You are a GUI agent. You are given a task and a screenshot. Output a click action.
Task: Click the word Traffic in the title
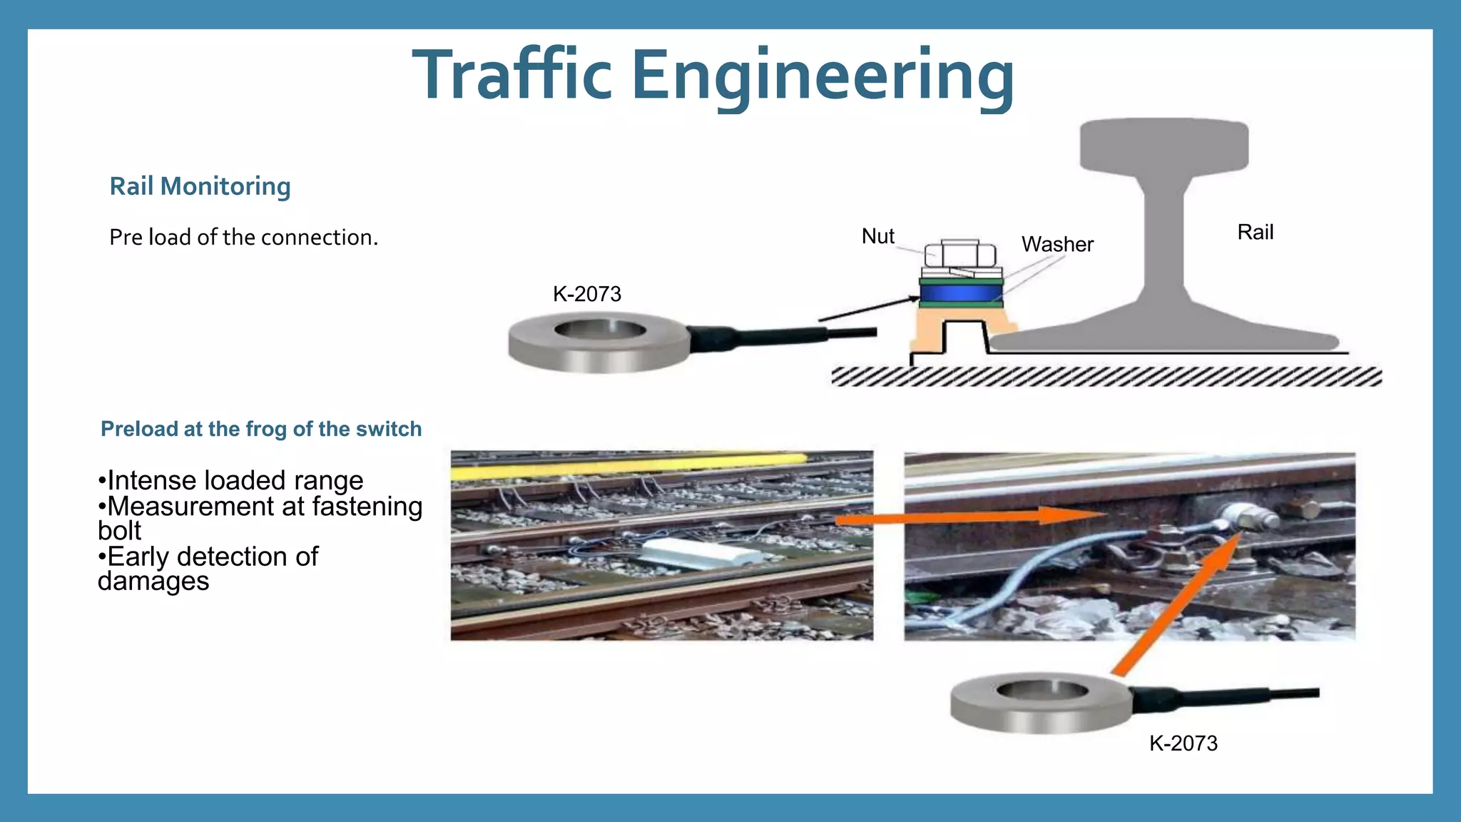pos(512,75)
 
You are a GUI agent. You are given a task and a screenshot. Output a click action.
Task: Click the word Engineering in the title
pos(822,75)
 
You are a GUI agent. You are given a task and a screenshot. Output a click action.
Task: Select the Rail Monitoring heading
pos(200,186)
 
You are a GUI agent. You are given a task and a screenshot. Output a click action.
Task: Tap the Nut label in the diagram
pos(877,236)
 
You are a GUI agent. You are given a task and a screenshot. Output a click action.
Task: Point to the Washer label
pos(1057,244)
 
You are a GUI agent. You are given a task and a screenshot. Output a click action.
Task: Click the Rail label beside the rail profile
pos(1255,232)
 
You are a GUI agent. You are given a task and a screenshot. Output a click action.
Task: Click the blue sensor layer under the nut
pos(960,293)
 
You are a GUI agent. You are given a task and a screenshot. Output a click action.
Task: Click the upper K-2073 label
pos(587,293)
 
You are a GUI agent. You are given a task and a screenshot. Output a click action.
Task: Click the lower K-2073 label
pos(1183,743)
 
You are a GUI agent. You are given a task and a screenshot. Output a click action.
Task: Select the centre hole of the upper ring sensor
pos(600,330)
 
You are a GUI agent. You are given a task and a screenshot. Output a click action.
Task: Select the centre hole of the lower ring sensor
pos(1042,690)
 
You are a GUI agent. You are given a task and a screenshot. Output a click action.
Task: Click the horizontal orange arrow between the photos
pos(970,517)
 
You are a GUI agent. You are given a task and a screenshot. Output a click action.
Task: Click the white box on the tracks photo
pos(692,553)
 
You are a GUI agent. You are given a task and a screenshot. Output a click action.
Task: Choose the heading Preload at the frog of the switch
pos(261,429)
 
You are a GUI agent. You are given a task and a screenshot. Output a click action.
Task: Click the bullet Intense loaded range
pos(231,480)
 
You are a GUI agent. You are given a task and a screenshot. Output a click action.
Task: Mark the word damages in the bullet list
pos(153,582)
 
